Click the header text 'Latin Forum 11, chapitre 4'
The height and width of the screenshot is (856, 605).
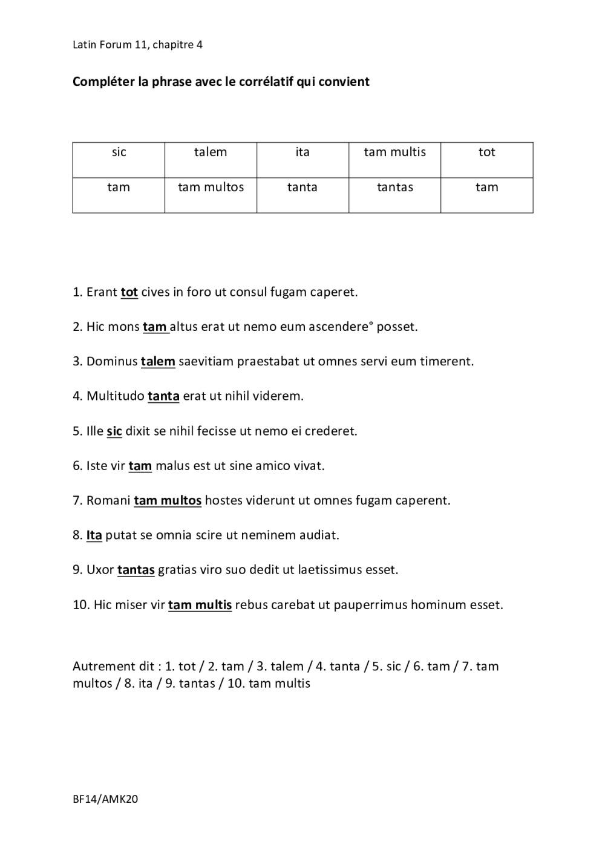point(137,45)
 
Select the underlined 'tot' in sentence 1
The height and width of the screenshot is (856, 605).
point(129,292)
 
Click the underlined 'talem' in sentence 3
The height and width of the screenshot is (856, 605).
point(158,362)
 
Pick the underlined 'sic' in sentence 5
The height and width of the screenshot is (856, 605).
point(114,431)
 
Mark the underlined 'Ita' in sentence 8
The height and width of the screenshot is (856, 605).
point(94,535)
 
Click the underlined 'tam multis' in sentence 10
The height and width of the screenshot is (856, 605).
point(200,605)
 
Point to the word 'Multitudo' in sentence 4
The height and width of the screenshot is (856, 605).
point(116,396)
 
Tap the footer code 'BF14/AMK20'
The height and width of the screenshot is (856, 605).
point(105,799)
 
